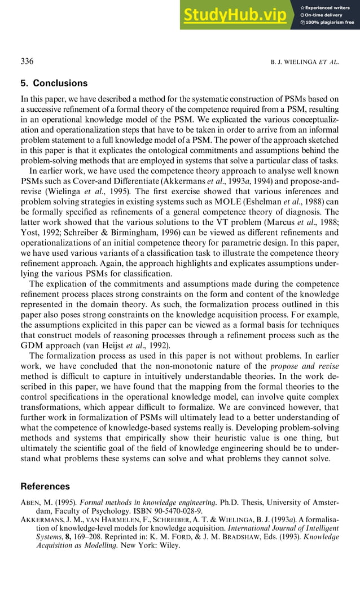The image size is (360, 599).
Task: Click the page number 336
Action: (x=27, y=61)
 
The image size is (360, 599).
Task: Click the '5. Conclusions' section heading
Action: (x=54, y=83)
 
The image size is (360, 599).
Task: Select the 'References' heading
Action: (x=45, y=486)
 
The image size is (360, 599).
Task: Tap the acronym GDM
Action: (x=35, y=345)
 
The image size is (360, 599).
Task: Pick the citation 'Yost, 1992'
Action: (x=43, y=232)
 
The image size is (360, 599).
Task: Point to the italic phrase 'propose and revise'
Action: (x=304, y=366)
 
